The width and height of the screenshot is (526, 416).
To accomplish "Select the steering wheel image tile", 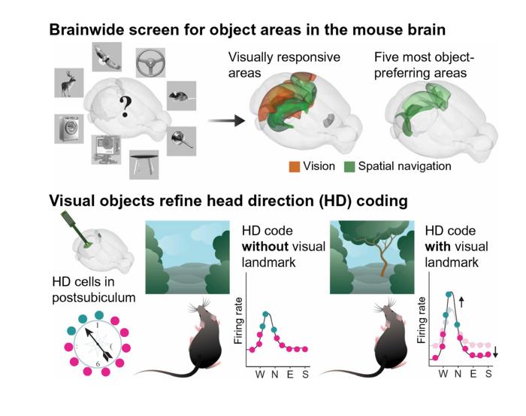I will pyautogui.click(x=150, y=64).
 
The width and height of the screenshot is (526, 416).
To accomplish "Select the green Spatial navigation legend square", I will pyautogui.click(x=349, y=165).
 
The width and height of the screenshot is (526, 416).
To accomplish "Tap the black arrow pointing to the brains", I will pyautogui.click(x=228, y=120).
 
